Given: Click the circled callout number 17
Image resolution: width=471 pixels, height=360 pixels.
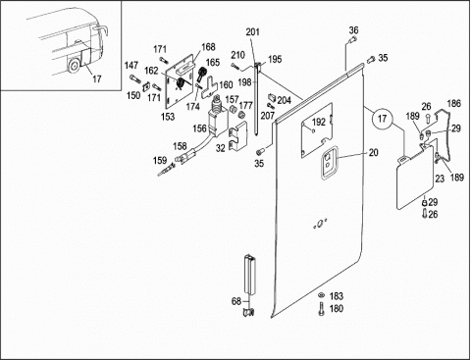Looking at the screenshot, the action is (x=383, y=119).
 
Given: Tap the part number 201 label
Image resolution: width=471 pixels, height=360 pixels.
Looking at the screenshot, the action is (x=252, y=32).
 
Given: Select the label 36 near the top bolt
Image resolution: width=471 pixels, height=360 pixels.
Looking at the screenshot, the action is (x=353, y=30).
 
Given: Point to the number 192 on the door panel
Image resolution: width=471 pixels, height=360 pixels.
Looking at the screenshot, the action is (x=319, y=122).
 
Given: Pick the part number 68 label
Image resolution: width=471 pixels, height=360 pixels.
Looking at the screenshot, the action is (x=236, y=301).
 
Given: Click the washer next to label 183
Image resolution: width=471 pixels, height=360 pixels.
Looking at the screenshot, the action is (x=322, y=295).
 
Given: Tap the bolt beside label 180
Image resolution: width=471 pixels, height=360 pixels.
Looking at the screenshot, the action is (x=322, y=309).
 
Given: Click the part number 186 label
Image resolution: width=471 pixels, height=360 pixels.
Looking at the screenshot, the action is (x=454, y=104).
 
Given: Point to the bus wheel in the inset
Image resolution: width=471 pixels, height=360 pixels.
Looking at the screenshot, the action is (x=74, y=66).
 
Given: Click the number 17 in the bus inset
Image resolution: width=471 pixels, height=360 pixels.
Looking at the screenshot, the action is (x=97, y=78).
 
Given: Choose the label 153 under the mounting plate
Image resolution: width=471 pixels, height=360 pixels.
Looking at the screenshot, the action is (x=168, y=117).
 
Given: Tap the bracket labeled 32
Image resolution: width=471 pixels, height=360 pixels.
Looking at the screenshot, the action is (x=237, y=136).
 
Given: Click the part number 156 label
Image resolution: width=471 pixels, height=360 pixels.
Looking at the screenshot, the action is (x=199, y=129).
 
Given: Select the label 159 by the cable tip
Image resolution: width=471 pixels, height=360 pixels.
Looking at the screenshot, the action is (x=160, y=161).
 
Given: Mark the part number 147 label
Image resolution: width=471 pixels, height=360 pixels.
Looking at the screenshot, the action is (x=131, y=66).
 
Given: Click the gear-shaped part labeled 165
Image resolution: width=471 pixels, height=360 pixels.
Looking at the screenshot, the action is (x=202, y=74).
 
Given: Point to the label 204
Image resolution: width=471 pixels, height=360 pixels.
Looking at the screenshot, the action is (x=285, y=100).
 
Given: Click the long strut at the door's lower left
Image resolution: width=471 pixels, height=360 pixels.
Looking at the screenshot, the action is (x=250, y=275).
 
